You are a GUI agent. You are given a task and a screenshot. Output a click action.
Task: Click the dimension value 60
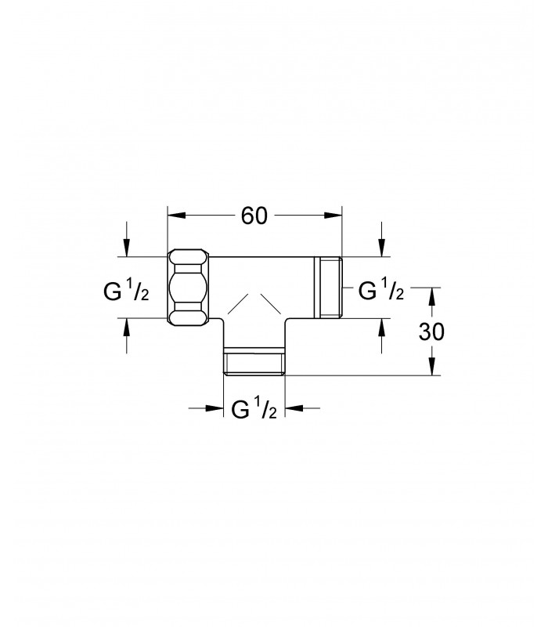point(254,216)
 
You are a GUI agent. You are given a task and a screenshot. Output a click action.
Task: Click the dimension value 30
point(431,332)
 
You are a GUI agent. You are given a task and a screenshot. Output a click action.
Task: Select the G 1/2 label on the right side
point(381,290)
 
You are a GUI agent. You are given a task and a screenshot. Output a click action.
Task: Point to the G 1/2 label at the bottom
point(254,408)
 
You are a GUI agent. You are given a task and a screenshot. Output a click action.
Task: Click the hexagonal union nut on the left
point(189,287)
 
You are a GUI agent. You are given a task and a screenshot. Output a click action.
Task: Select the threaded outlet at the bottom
point(254,361)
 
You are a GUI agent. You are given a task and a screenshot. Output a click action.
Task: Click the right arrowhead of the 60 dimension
point(333,216)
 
